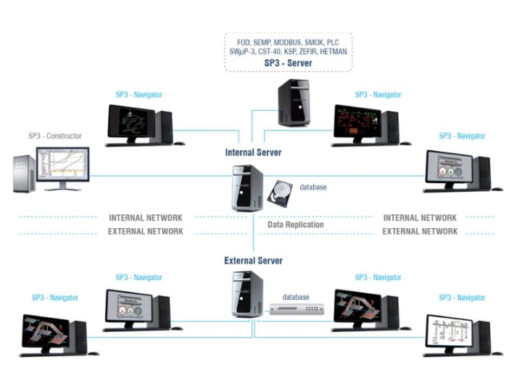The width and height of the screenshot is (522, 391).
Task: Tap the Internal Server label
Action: (x=253, y=153)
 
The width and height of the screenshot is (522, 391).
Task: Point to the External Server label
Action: (x=253, y=261)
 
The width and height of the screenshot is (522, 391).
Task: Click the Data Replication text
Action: (x=296, y=224)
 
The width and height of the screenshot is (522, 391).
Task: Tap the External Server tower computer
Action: (x=247, y=294)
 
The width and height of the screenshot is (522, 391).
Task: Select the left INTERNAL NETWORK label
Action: (x=146, y=217)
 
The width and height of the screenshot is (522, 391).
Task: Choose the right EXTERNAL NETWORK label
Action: (x=420, y=231)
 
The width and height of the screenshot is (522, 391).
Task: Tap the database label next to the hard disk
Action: (x=312, y=188)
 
